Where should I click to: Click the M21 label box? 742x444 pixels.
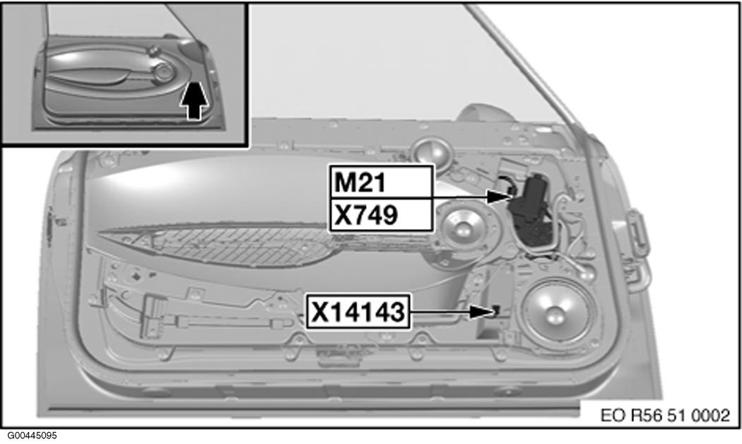click(x=382, y=182)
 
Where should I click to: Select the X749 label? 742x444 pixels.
click(x=382, y=215)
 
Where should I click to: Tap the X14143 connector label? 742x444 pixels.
click(x=358, y=312)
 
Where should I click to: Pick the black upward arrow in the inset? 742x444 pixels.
click(x=194, y=100)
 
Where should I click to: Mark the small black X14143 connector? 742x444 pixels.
click(x=495, y=310)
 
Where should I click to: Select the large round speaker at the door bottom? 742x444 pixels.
click(x=557, y=313)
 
